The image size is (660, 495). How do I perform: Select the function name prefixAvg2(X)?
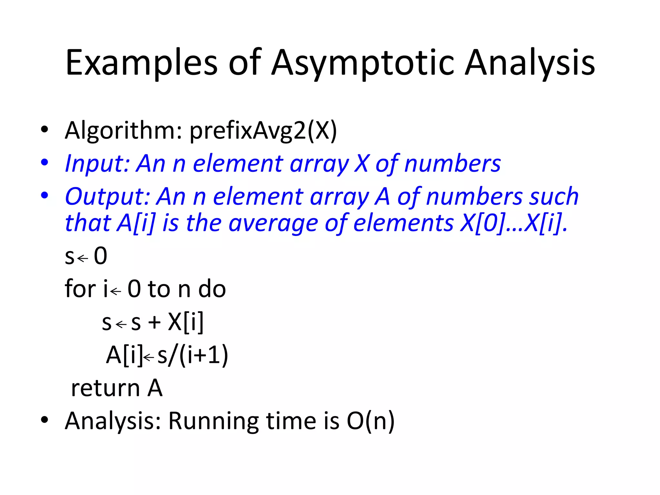click(263, 131)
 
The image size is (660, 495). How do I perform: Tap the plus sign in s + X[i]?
click(154, 322)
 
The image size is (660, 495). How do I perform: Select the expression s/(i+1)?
click(193, 355)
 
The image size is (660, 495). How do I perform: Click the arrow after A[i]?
click(149, 357)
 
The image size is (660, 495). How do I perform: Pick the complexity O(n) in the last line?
click(371, 421)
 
